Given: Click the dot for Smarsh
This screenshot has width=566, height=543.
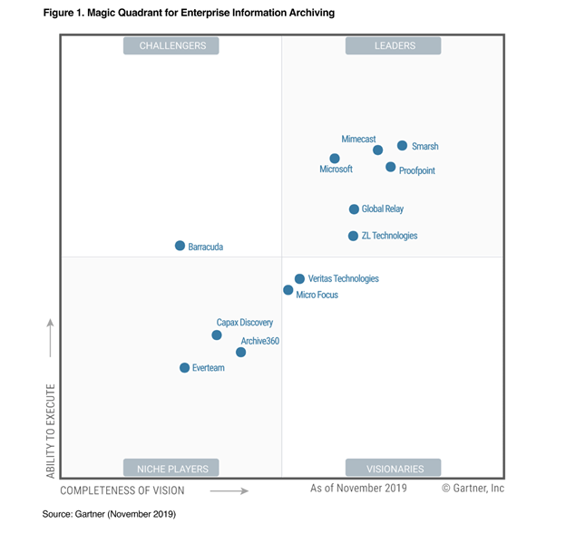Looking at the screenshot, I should click(403, 145).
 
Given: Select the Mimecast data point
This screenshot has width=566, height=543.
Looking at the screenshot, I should click(378, 150).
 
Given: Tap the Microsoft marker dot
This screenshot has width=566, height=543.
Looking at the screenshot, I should click(335, 159).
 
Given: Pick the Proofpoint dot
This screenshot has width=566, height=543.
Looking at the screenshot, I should click(391, 167).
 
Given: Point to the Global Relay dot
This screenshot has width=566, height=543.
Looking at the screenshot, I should click(355, 209).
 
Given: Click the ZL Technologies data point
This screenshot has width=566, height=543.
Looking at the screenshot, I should click(354, 236).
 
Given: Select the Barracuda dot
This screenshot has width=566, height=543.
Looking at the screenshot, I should click(181, 246).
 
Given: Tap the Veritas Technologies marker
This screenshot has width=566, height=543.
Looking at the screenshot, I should click(300, 279).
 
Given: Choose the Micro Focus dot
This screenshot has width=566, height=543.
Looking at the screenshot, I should click(288, 290).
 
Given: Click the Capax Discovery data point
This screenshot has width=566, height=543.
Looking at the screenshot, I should click(217, 335).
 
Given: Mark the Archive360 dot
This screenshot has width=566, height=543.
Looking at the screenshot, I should click(241, 352).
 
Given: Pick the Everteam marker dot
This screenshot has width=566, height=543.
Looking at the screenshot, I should click(185, 367).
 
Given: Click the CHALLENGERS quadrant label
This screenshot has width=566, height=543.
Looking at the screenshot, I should click(172, 46).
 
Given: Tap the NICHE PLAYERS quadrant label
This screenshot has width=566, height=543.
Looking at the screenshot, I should click(172, 469).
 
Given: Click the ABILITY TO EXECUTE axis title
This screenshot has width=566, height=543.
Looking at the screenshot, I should click(51, 431).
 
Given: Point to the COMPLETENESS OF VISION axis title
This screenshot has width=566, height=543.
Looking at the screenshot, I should click(122, 490).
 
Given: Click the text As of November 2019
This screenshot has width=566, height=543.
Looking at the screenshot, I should click(358, 489).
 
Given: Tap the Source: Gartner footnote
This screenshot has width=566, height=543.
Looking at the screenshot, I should click(109, 514).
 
